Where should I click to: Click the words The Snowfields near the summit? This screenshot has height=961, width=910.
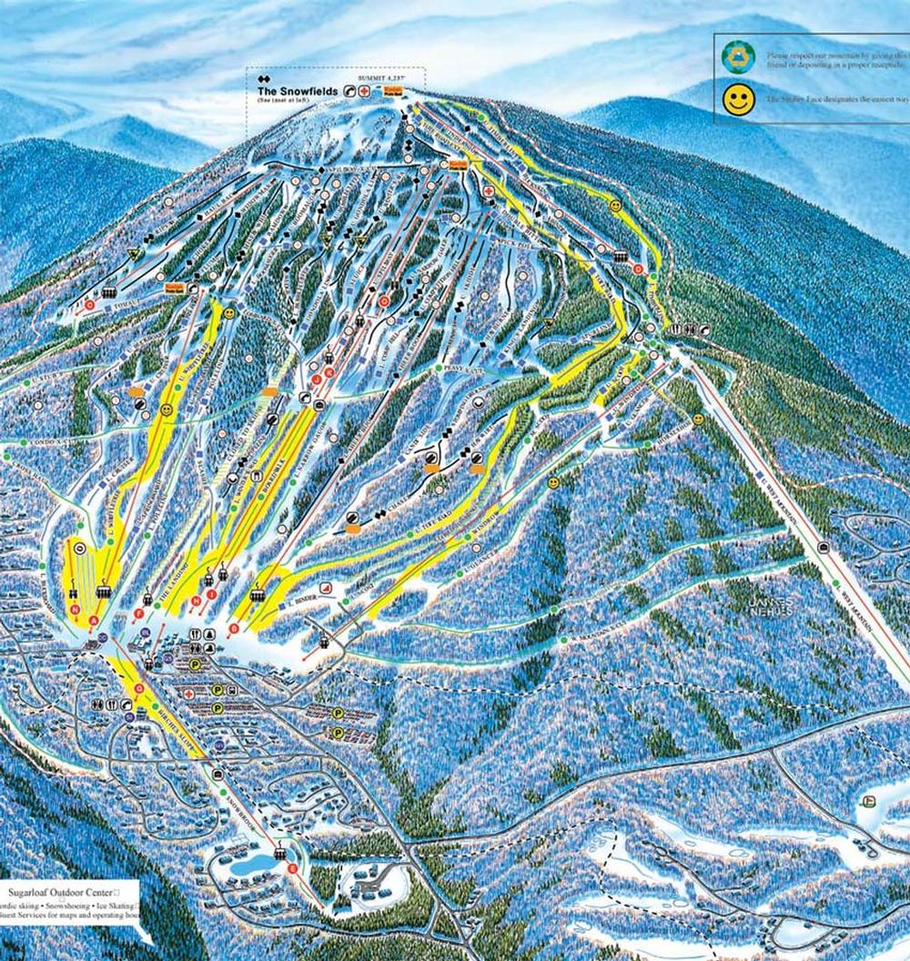point(297,92)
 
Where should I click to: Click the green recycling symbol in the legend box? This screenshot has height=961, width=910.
point(738,56)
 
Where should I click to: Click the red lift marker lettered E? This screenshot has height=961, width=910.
point(291,869)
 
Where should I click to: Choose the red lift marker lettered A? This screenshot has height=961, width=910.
point(94,621)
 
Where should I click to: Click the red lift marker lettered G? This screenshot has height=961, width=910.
point(139,689)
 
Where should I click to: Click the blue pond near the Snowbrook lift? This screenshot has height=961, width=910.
point(248,863)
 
